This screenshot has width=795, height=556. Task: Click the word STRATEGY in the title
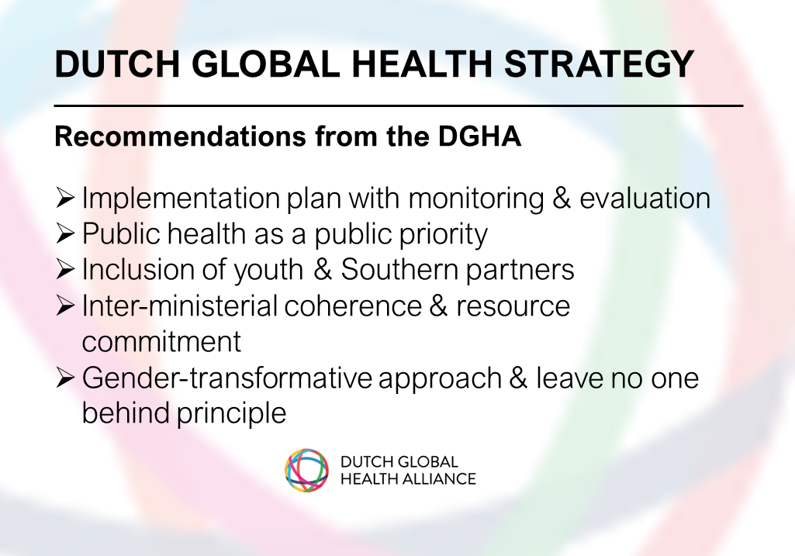(599, 64)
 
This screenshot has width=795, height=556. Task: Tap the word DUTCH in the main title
(118, 64)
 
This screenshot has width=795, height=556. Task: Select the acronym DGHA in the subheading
(479, 136)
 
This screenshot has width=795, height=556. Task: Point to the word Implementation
(181, 199)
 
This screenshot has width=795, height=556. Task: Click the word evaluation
(645, 198)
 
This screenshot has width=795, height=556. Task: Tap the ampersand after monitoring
(562, 198)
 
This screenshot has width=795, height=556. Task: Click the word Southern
(399, 269)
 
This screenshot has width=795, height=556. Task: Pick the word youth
(268, 270)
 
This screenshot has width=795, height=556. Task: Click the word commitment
(161, 342)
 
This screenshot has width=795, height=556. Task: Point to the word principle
(232, 413)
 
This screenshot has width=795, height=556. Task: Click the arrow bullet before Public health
(65, 233)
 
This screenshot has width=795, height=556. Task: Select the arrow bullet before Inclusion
(65, 269)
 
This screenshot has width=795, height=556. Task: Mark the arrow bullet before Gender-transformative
(65, 378)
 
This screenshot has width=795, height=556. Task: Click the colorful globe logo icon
(306, 471)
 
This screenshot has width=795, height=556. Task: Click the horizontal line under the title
(399, 106)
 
